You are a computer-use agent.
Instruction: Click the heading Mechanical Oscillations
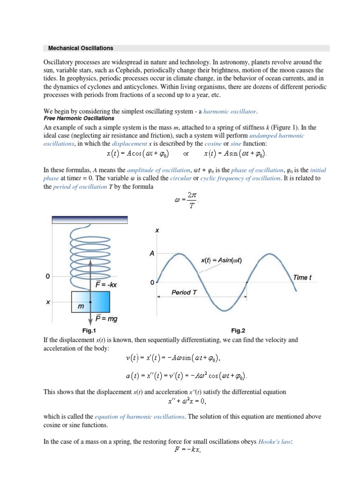click(79, 48)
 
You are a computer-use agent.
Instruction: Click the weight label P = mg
click(106, 319)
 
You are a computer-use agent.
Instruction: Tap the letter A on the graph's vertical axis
click(152, 253)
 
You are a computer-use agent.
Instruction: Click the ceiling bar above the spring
click(90, 219)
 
